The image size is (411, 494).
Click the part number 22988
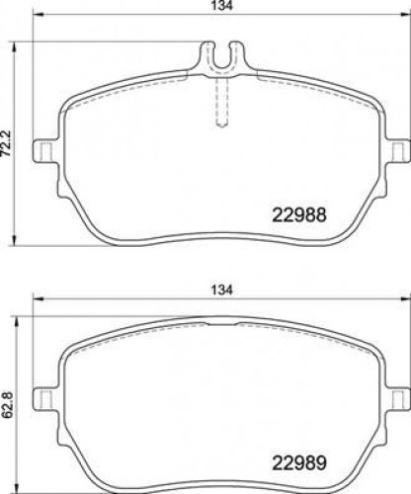(x=299, y=215)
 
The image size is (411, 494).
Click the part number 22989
(x=299, y=462)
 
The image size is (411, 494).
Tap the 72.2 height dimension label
(x=6, y=143)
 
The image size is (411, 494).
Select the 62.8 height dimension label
(x=8, y=405)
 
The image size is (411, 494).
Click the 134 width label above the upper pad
(x=221, y=5)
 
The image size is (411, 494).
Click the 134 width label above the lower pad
(x=221, y=289)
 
